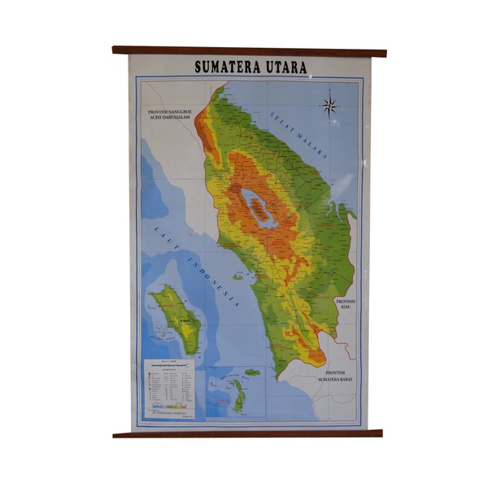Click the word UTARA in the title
[x=285, y=68]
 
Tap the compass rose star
[x=329, y=104]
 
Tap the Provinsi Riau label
[x=346, y=304]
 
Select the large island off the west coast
[x=176, y=318]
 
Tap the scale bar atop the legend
[x=171, y=368]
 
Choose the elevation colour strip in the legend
[x=171, y=405]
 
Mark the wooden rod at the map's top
[x=249, y=51]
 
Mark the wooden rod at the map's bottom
[x=247, y=434]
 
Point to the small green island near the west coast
[x=237, y=277]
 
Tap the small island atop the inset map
[x=252, y=373]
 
